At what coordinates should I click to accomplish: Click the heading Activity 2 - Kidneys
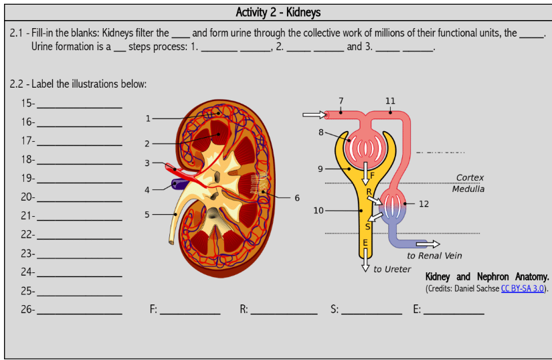tap(278, 13)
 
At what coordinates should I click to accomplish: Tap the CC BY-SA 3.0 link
tap(523, 288)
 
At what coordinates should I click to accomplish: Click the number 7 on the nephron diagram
tap(341, 101)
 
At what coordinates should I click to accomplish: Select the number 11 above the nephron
tap(390, 101)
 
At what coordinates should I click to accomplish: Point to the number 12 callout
tap(424, 204)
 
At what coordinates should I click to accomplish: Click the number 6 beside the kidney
tap(297, 198)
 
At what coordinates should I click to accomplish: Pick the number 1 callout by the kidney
tap(148, 118)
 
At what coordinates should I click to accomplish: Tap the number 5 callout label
tap(147, 215)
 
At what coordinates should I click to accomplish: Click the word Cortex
tap(470, 178)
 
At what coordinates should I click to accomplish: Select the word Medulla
tap(468, 189)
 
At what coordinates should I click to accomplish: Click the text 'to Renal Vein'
tap(434, 256)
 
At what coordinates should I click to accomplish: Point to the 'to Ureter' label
tap(392, 269)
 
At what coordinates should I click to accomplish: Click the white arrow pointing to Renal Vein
tap(428, 244)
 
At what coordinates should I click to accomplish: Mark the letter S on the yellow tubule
tap(367, 226)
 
